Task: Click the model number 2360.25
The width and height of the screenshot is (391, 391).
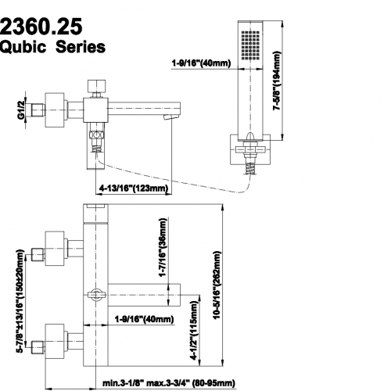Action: point(41,26)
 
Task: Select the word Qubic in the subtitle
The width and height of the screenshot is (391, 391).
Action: point(23,47)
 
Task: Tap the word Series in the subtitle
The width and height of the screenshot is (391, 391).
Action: point(81,47)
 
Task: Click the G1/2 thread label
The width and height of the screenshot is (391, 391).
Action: point(21,110)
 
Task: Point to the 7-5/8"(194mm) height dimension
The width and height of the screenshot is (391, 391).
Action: point(277,81)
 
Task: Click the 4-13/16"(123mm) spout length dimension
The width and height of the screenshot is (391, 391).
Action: point(134,188)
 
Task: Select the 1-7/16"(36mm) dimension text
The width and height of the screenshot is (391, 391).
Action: point(163,247)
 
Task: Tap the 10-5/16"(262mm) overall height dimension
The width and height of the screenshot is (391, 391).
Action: point(217,285)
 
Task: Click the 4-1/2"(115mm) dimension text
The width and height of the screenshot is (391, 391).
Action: point(195,330)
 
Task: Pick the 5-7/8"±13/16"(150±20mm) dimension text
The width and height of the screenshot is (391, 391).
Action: point(20,301)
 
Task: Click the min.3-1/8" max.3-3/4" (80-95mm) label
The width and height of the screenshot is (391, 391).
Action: point(169,383)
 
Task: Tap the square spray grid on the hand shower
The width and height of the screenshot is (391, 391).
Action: point(251,44)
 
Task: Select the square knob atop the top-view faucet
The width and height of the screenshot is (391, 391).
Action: point(96,85)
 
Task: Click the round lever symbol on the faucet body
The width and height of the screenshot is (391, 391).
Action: point(96,295)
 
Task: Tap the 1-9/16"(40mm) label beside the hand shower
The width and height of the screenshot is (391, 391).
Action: point(201,63)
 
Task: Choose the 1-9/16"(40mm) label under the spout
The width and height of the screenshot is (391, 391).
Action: point(144,318)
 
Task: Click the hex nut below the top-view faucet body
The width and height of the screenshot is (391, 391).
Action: point(97,135)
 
